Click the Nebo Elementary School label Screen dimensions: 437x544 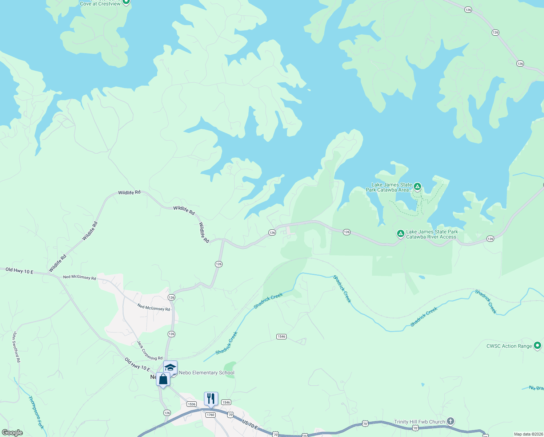(x=207, y=373)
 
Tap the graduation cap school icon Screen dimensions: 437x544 (x=170, y=367)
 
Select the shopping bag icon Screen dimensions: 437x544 (x=163, y=379)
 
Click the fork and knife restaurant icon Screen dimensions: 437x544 (x=211, y=399)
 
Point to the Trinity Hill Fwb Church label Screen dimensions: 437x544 (x=419, y=422)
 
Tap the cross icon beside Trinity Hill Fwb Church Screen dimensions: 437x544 (x=451, y=421)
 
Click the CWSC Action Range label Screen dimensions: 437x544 (x=509, y=346)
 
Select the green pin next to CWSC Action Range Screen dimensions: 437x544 (x=537, y=346)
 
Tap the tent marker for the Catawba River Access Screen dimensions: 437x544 (x=400, y=233)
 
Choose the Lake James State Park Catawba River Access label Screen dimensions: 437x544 (x=432, y=234)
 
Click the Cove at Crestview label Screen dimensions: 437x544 (x=100, y=4)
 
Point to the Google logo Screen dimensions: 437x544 (x=12, y=433)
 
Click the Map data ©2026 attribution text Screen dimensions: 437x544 (x=527, y=434)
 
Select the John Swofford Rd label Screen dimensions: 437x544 (x=16, y=347)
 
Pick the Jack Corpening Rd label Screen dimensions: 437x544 (x=149, y=350)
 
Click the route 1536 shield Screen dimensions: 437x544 (x=192, y=404)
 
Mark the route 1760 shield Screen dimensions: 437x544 (x=210, y=415)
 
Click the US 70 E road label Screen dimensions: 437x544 (x=250, y=424)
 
